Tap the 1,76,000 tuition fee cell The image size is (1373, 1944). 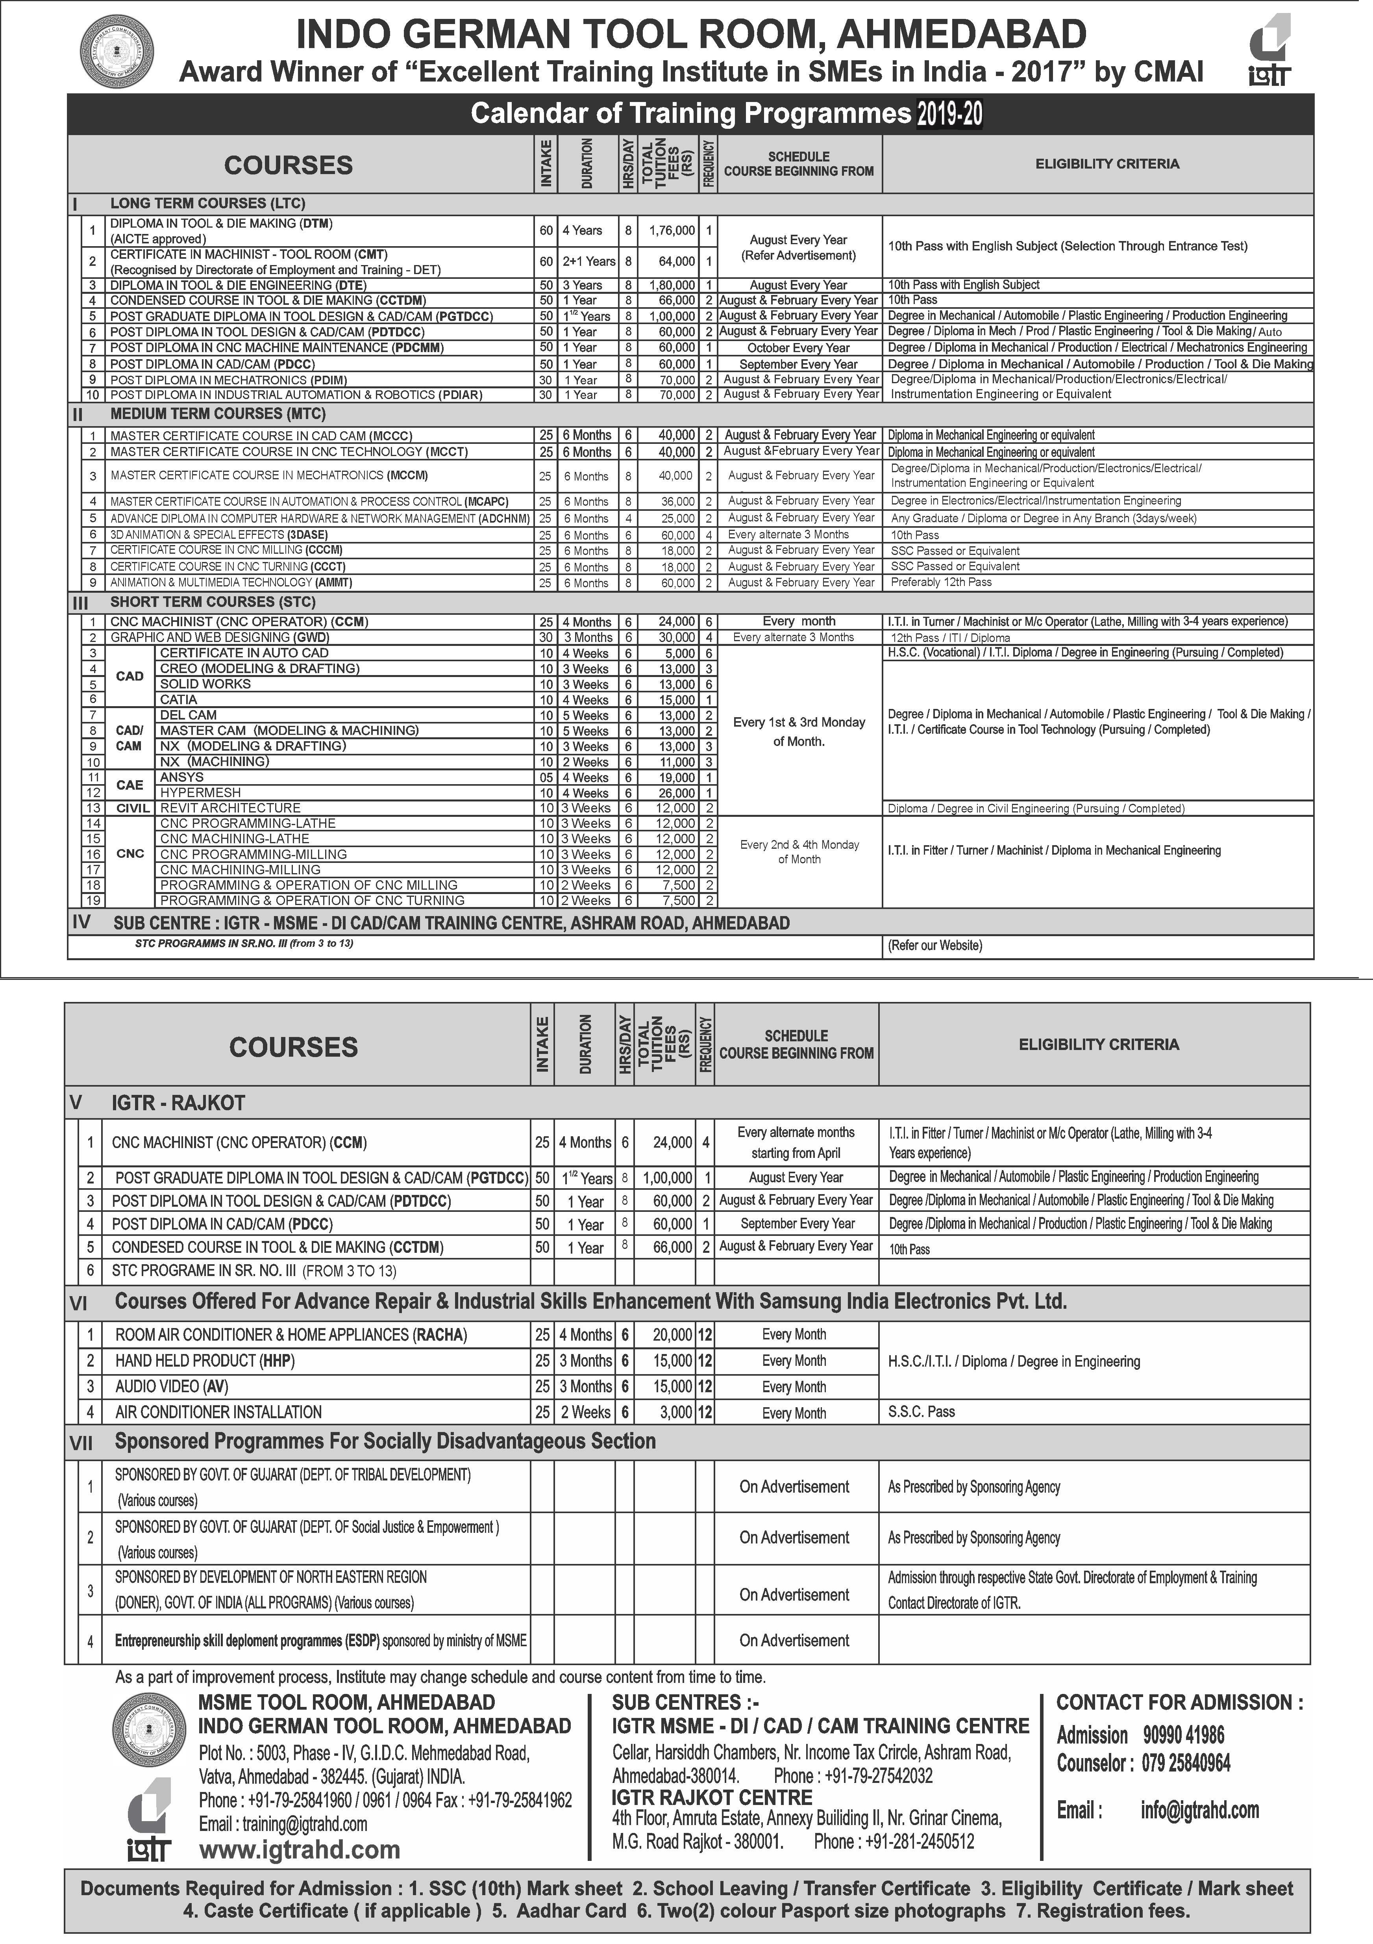click(671, 230)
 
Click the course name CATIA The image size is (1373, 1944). click(179, 699)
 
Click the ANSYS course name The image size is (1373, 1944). click(182, 777)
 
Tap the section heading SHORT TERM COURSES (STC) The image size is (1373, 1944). click(213, 602)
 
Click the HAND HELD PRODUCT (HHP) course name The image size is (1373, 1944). click(205, 1361)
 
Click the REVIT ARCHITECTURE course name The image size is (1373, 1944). click(230, 808)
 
